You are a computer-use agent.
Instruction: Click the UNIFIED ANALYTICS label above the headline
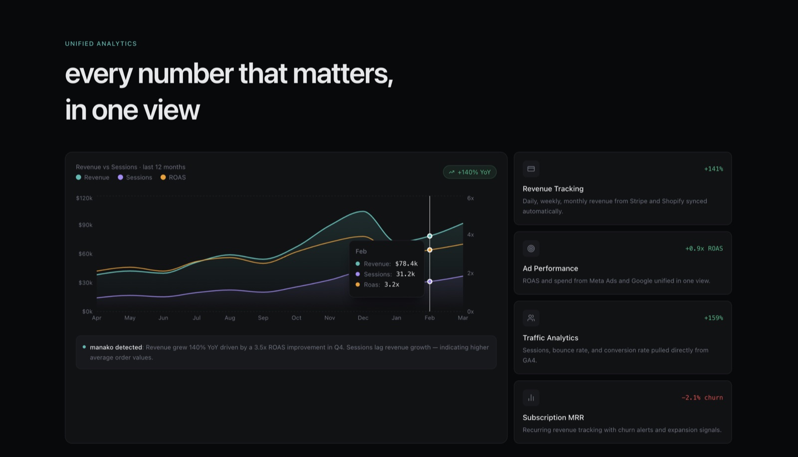coord(101,43)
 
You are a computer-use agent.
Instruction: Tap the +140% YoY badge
coord(469,172)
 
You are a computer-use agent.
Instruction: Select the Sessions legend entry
coord(135,177)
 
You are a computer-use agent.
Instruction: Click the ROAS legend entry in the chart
coord(173,177)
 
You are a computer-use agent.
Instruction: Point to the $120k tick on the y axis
coord(84,198)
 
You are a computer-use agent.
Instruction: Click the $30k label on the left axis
coord(85,283)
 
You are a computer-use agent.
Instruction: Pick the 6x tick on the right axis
coord(471,198)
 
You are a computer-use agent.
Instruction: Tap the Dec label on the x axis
coord(363,317)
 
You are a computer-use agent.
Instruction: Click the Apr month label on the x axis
coord(97,317)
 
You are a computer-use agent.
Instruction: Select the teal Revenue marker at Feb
coord(429,236)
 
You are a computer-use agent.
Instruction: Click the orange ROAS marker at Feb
coord(429,250)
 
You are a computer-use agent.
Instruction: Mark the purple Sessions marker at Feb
coord(429,282)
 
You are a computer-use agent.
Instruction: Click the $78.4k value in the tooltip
coord(406,264)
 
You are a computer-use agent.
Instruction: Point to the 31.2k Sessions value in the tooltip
coord(405,274)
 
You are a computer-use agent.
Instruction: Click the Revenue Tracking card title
coord(553,189)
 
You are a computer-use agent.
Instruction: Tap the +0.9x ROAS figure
coord(704,248)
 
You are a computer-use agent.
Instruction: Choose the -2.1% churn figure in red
coord(702,398)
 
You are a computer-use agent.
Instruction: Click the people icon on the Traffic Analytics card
coord(531,318)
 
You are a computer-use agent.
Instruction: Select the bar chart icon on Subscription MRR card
coord(531,398)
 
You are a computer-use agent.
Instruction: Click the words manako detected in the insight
coord(116,347)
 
